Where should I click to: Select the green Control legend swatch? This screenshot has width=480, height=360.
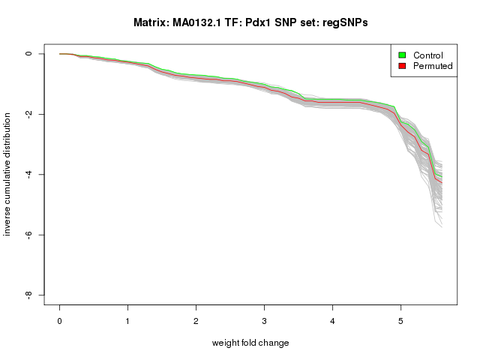pos(402,55)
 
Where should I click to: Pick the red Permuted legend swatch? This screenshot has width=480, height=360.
pos(402,67)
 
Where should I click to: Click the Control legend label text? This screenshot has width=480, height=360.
pos(428,55)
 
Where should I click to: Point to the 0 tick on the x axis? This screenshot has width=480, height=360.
pos(59,321)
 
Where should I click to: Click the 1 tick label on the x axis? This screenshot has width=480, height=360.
pos(127,321)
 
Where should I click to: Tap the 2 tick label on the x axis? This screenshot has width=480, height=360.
pos(196,321)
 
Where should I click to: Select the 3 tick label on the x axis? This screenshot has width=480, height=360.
pos(264,321)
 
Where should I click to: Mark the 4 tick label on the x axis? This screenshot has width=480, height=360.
pos(332,321)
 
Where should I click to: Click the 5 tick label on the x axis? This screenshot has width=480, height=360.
pos(400,321)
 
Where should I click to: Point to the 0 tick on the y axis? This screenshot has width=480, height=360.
pos(29,54)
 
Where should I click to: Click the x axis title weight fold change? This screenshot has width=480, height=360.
pos(250,343)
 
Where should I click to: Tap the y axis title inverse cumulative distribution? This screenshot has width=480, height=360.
pos(8,175)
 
